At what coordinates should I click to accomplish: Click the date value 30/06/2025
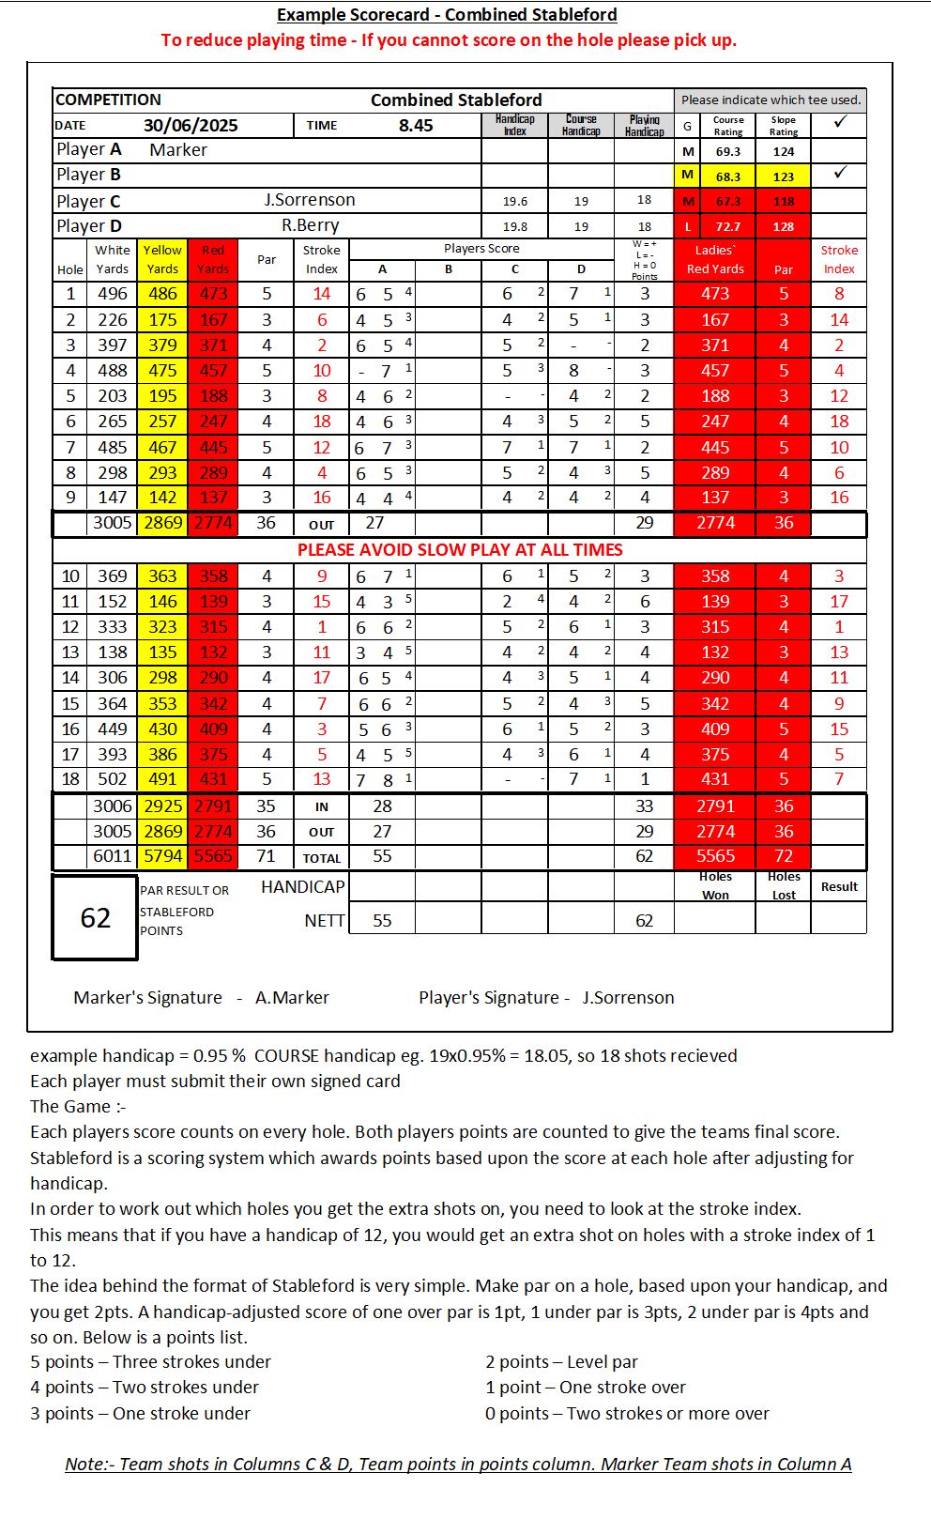point(191,126)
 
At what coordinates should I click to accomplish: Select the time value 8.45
point(416,126)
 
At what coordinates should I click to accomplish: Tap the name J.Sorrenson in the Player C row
point(310,200)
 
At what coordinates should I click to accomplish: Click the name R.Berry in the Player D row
point(311,225)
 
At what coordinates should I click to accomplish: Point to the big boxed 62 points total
point(95,918)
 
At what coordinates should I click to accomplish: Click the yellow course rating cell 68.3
point(728,176)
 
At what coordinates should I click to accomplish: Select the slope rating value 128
point(784,226)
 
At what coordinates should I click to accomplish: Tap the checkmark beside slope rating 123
point(840,173)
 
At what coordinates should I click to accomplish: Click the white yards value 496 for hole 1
point(113,294)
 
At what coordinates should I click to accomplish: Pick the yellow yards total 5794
point(162,856)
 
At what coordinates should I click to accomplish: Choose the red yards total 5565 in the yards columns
point(213,856)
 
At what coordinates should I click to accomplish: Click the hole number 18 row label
point(70,779)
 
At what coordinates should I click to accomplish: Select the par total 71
point(267,856)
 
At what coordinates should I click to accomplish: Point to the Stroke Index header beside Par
point(322,259)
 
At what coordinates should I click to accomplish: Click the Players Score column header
point(481,249)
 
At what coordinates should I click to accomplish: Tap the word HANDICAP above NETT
point(302,887)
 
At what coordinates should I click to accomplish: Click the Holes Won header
point(715,885)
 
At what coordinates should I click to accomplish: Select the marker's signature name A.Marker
point(292,998)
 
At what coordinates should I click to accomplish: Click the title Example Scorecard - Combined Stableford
point(447,15)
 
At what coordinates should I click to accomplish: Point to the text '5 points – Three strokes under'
point(150,1362)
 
